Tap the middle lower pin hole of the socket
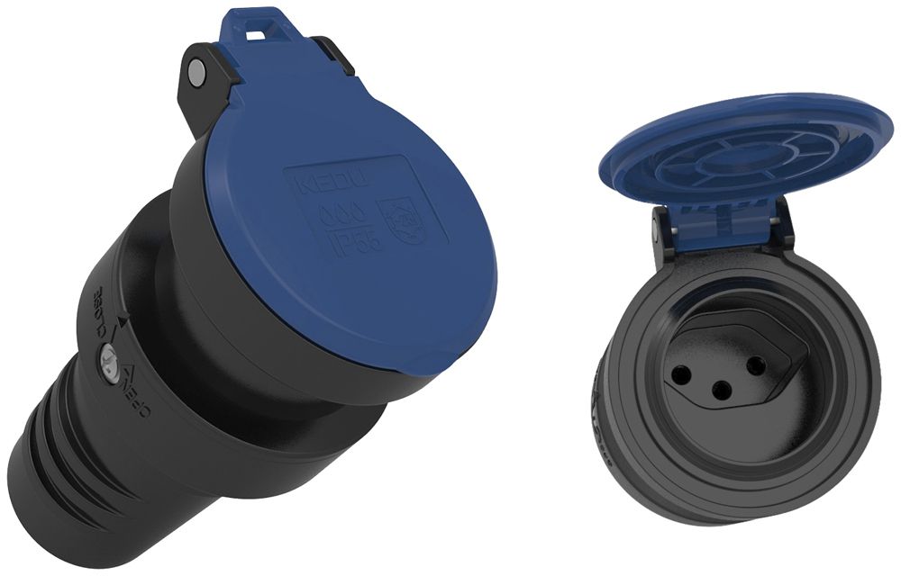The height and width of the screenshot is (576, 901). click(720, 390)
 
